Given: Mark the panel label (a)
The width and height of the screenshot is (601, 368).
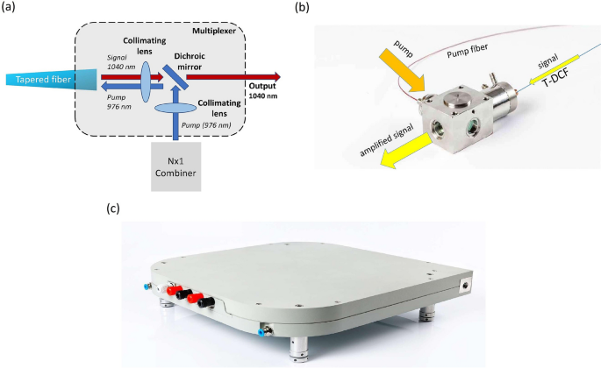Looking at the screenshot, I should tap(11, 10).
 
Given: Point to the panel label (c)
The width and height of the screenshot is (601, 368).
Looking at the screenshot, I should tap(111, 209).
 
